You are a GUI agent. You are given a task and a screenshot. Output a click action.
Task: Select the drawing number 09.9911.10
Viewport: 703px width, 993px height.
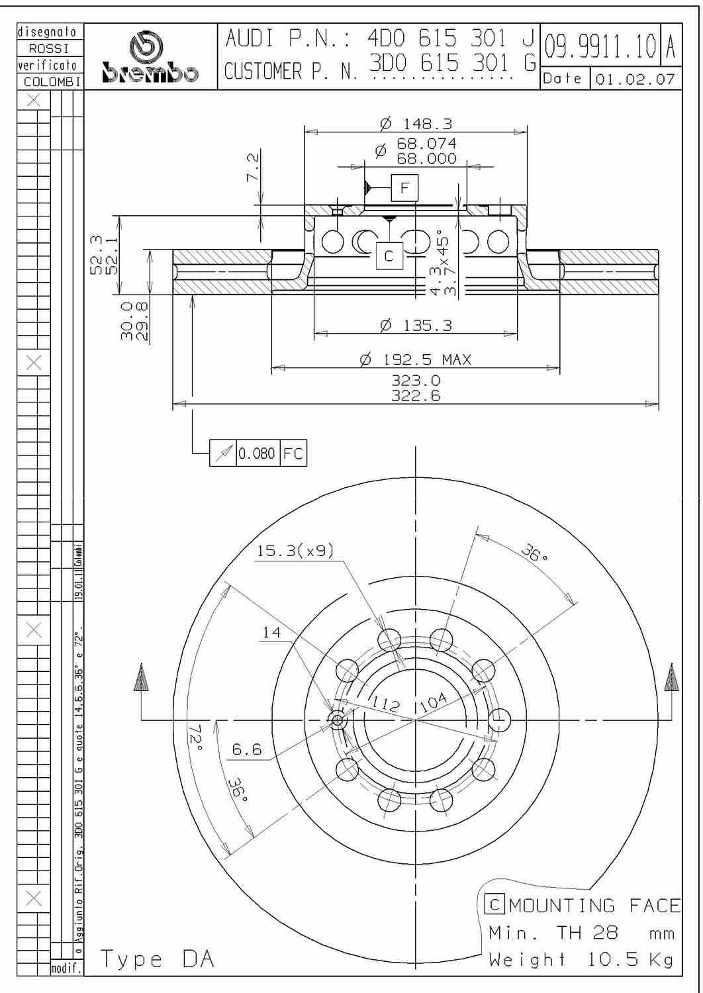click(x=600, y=47)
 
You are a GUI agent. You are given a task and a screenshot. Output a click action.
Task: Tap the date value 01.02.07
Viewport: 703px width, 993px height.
click(x=635, y=80)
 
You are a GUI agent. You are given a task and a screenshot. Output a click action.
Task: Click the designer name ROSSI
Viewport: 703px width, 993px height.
click(x=49, y=48)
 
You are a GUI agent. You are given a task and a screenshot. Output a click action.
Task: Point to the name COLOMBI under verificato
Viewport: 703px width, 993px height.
click(x=52, y=82)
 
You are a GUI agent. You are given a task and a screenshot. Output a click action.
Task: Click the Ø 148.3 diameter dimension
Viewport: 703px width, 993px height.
click(x=416, y=124)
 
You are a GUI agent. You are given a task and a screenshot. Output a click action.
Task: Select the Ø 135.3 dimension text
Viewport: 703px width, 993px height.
click(x=416, y=326)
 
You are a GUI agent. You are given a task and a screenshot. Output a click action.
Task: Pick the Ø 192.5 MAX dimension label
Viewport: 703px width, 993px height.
click(x=416, y=359)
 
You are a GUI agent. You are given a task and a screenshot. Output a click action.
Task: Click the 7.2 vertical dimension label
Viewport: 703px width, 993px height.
click(x=253, y=167)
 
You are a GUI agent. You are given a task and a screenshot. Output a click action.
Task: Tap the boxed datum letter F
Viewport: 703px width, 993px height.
click(x=404, y=188)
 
